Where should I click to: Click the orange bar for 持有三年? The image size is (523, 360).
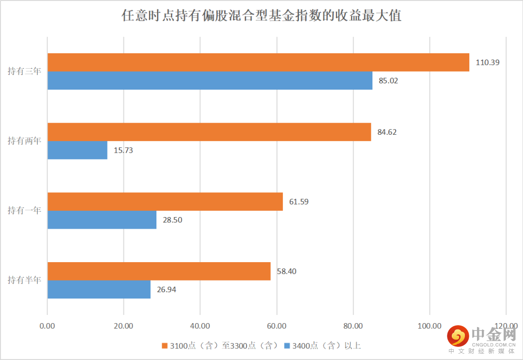(258, 62)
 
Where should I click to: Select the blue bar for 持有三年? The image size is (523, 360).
(210, 80)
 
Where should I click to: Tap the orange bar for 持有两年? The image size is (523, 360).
(209, 132)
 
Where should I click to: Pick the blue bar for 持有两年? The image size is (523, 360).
(77, 150)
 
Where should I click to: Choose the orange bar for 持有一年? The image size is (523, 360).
(165, 202)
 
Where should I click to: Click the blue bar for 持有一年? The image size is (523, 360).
(102, 220)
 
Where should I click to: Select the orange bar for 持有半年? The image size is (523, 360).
(159, 271)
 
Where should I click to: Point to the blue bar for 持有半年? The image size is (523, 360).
(99, 290)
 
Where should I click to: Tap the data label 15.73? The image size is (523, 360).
(123, 150)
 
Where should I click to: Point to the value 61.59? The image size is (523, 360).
(299, 202)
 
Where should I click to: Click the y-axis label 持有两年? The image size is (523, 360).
(24, 141)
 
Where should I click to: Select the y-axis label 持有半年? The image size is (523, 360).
(24, 281)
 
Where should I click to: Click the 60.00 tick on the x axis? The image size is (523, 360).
(277, 326)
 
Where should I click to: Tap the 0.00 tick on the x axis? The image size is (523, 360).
(47, 326)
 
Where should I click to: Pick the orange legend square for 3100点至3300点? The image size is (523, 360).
(165, 345)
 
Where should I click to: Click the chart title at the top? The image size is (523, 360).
(261, 16)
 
